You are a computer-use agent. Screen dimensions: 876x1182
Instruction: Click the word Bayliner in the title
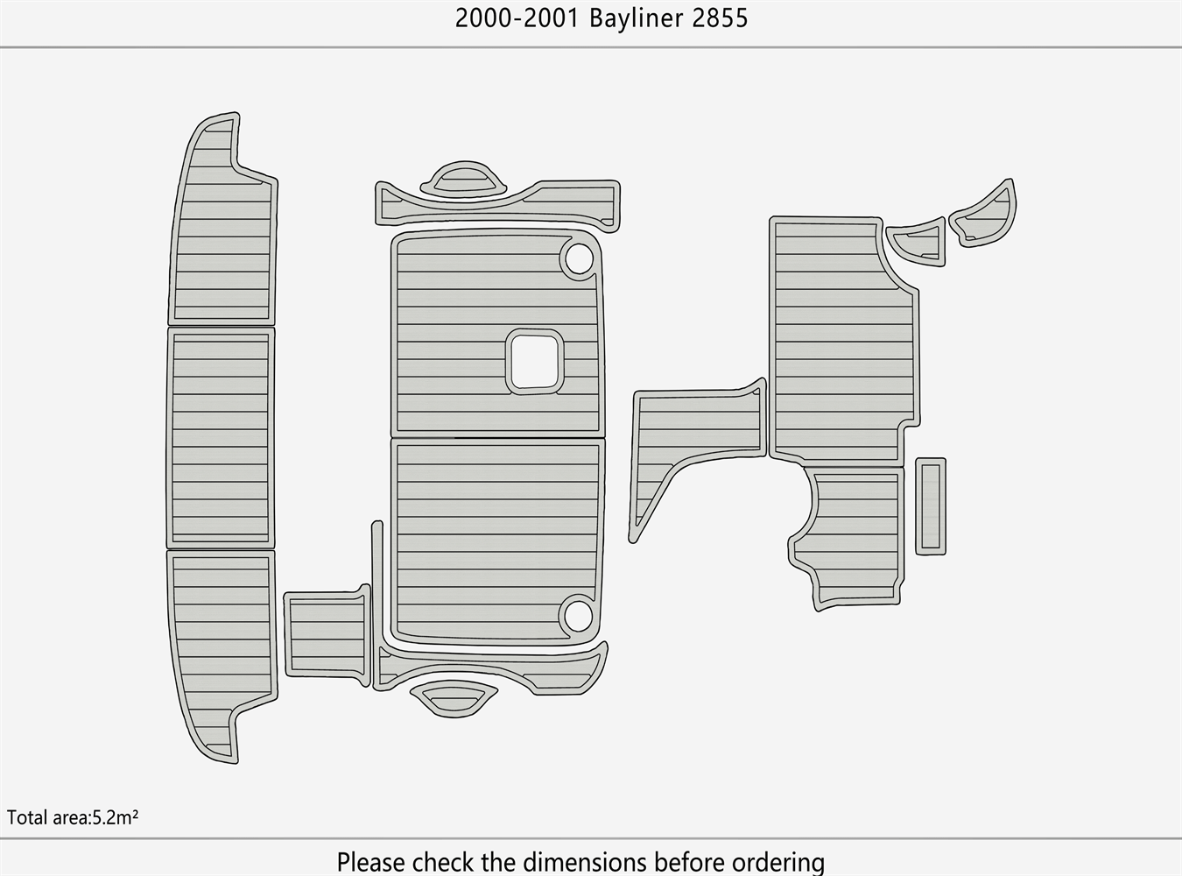(x=637, y=18)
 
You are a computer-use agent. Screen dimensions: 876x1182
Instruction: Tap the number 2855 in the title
(x=720, y=18)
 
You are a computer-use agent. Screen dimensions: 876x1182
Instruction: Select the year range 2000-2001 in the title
(x=517, y=18)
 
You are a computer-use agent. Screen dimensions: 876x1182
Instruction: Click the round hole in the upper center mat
(x=578, y=258)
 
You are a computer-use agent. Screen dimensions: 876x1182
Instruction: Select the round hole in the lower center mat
(x=577, y=615)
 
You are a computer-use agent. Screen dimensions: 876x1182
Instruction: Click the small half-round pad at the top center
(x=464, y=180)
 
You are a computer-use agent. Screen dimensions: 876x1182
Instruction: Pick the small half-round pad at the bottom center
(x=454, y=699)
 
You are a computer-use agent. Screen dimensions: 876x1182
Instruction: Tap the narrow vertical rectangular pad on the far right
(x=931, y=505)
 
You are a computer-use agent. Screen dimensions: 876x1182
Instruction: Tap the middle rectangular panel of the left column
(x=221, y=437)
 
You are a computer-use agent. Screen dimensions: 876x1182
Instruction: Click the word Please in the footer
(x=371, y=861)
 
